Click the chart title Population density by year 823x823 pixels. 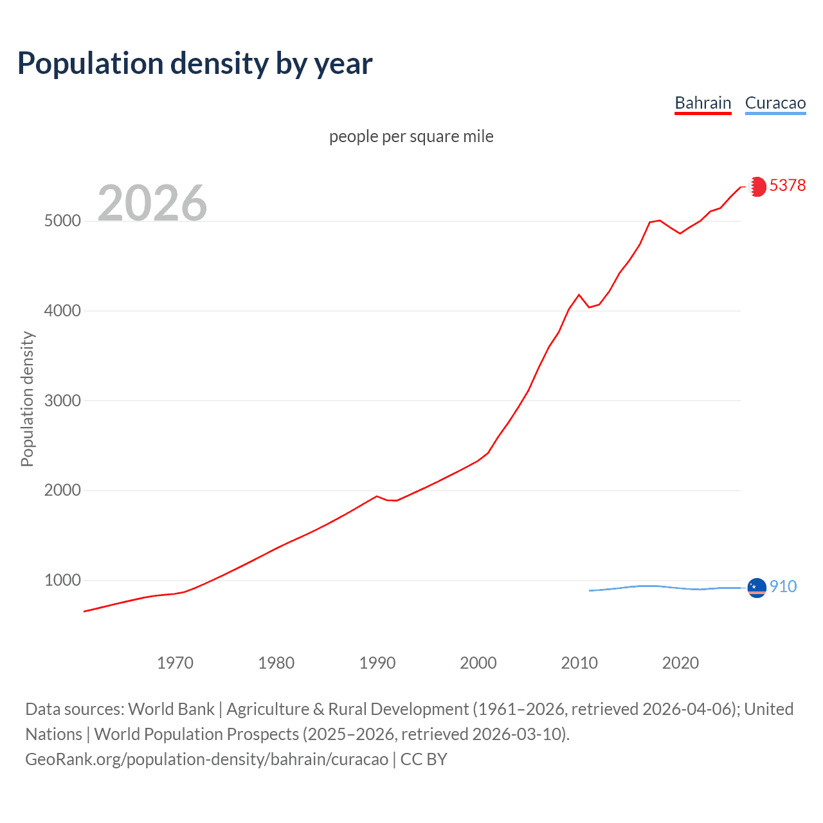click(x=195, y=64)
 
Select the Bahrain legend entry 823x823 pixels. click(x=703, y=103)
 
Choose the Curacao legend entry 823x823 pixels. click(x=775, y=103)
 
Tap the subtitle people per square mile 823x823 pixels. click(x=411, y=136)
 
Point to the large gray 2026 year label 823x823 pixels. click(x=152, y=203)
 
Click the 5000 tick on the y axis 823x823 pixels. click(x=62, y=221)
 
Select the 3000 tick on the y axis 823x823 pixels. click(x=62, y=401)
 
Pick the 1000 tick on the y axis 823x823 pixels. click(x=62, y=580)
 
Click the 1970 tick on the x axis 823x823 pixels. click(x=175, y=663)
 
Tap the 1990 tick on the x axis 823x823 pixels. click(x=377, y=663)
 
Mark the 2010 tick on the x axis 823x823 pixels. click(x=579, y=663)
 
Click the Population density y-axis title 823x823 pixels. click(x=27, y=399)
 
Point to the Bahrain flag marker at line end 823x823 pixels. click(x=757, y=186)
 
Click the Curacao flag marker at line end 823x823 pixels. click(x=757, y=588)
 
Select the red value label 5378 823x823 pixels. click(x=787, y=185)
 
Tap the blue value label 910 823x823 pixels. click(x=782, y=586)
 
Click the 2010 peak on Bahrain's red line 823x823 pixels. click(x=579, y=294)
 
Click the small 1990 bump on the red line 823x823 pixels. click(x=377, y=496)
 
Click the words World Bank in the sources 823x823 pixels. click(x=171, y=709)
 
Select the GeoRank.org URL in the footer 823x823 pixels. click(x=206, y=759)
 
